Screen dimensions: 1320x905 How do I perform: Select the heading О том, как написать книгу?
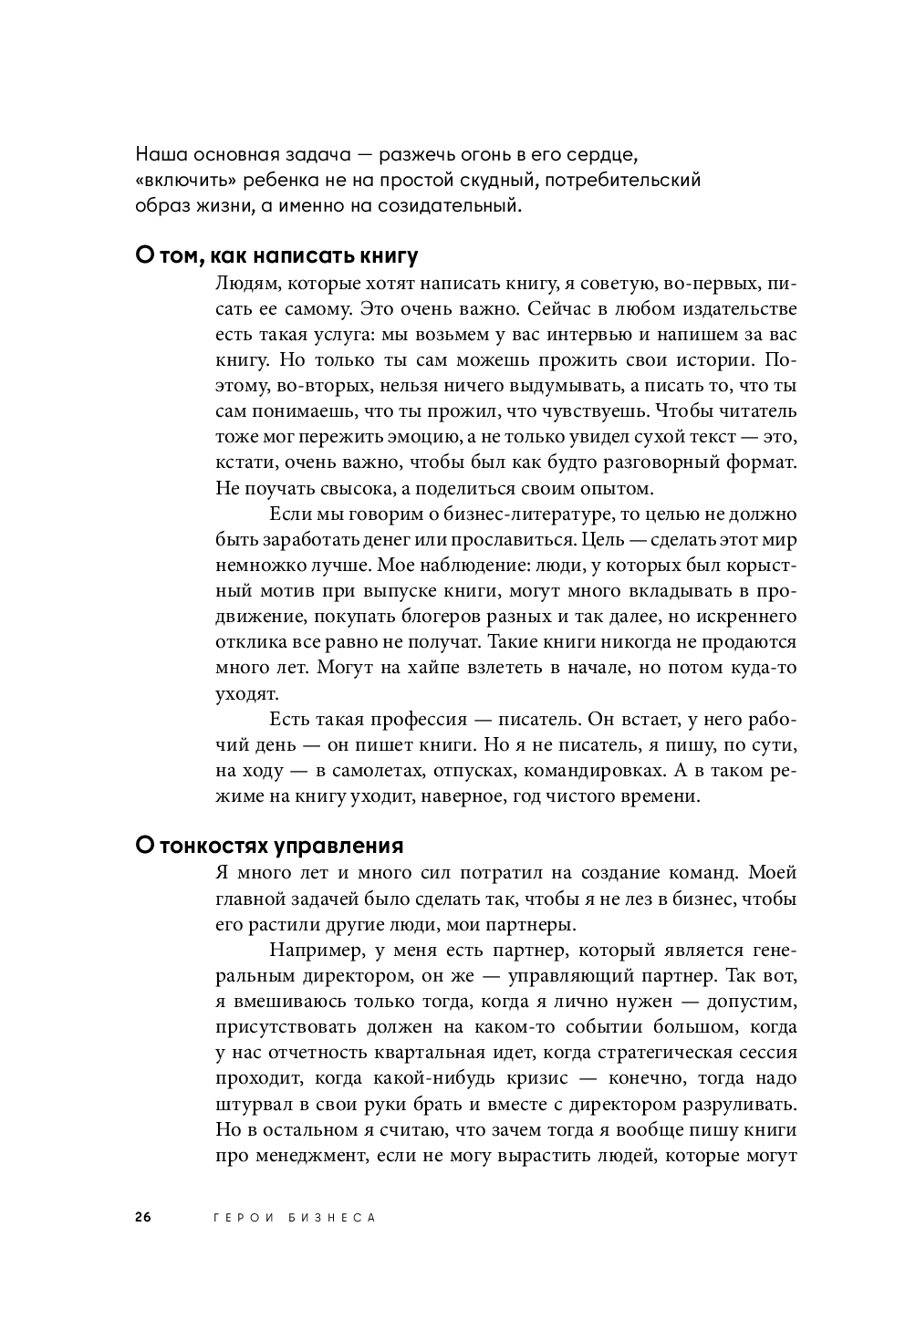(x=276, y=255)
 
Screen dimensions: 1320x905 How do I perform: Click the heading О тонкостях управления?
(x=269, y=846)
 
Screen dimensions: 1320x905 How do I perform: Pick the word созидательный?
(x=448, y=205)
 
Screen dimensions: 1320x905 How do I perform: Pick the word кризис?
(x=537, y=1078)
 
